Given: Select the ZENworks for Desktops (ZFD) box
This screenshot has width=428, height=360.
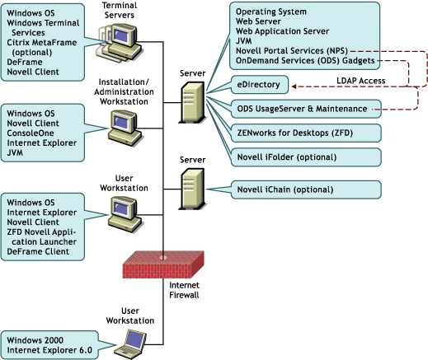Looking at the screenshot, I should point(305,132).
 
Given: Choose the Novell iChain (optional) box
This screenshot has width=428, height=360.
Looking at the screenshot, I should point(305,190).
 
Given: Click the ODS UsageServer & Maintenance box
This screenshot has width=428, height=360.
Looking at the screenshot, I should point(305,108).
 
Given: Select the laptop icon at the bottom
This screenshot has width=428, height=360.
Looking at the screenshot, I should point(134,338).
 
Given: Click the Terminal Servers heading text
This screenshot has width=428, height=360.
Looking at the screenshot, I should point(122,10).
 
